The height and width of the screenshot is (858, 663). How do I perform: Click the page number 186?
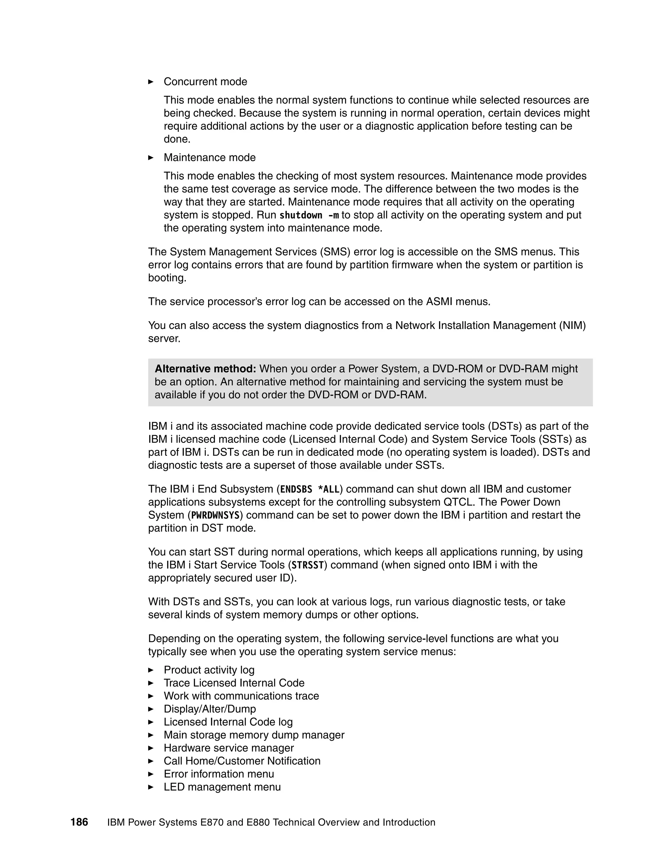(79, 822)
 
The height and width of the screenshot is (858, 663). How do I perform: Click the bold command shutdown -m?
(309, 215)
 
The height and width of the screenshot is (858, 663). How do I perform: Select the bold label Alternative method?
(205, 369)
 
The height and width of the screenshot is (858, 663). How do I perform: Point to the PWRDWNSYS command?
(215, 515)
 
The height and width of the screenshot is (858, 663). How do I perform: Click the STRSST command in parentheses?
(308, 565)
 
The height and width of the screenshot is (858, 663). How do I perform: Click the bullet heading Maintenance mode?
(209, 158)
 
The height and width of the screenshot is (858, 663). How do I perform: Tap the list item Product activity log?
(209, 670)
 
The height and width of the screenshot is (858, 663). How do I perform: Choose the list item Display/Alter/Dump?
(210, 709)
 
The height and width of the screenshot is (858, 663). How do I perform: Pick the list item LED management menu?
(222, 787)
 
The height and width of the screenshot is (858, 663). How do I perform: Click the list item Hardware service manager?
(229, 748)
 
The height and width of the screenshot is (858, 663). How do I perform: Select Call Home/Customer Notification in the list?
(242, 761)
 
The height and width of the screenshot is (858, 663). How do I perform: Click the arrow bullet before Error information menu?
(151, 774)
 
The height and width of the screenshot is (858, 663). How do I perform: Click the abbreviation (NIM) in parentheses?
(572, 326)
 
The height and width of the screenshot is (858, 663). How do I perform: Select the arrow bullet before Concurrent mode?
(151, 82)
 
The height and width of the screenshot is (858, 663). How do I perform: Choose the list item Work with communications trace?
(241, 696)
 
